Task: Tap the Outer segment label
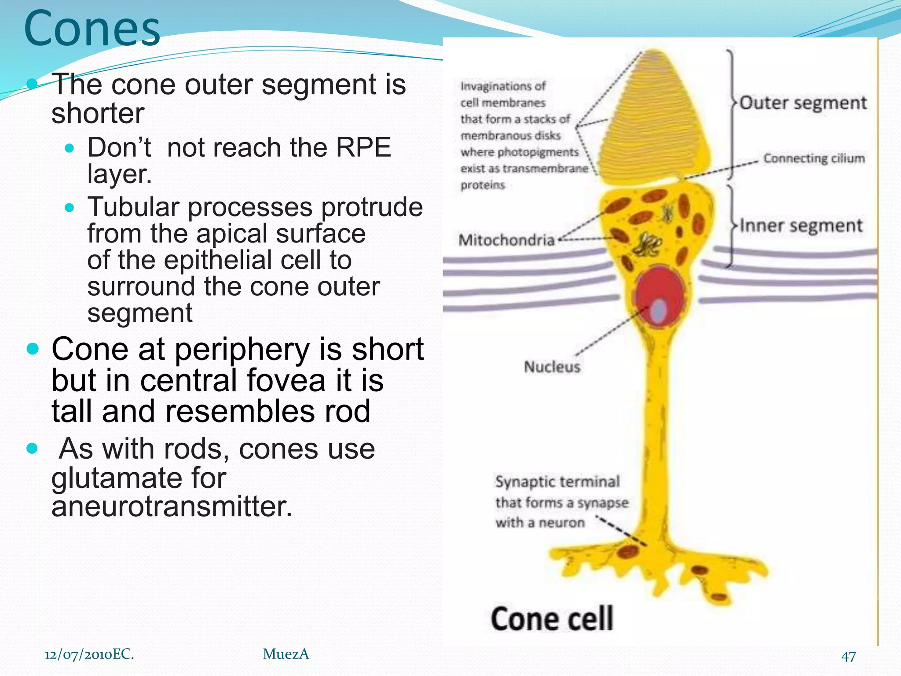click(x=802, y=103)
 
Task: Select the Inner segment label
click(x=801, y=226)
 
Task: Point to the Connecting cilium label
click(x=814, y=158)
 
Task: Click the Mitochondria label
click(x=506, y=240)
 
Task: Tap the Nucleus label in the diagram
click(x=552, y=367)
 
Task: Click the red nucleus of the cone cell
click(x=660, y=286)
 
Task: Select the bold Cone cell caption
click(x=552, y=619)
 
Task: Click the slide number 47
click(x=848, y=656)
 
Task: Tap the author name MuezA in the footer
click(x=286, y=654)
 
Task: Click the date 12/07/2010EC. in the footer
click(x=89, y=654)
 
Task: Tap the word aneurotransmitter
click(x=172, y=507)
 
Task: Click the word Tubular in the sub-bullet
click(x=133, y=207)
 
